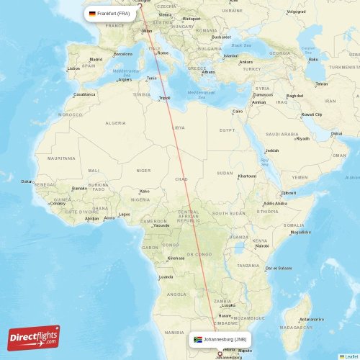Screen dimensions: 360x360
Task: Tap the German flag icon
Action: (92, 14)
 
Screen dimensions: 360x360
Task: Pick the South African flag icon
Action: (197, 338)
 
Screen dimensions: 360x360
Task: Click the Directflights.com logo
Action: (34, 337)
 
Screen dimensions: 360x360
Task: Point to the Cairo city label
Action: (238, 111)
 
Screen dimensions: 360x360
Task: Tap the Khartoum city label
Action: (247, 176)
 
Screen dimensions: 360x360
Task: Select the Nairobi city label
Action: (262, 246)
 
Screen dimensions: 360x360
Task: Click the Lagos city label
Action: (125, 214)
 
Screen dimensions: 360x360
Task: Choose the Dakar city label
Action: (27, 181)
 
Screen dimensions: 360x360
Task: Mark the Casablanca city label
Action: (84, 94)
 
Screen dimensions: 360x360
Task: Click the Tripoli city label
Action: (165, 98)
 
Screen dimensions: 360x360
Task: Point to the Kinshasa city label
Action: (175, 258)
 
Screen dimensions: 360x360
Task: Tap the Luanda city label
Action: (166, 277)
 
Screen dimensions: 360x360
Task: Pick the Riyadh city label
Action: (302, 138)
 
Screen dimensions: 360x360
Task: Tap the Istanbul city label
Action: (230, 56)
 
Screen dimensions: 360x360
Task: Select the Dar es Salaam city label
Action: (278, 268)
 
